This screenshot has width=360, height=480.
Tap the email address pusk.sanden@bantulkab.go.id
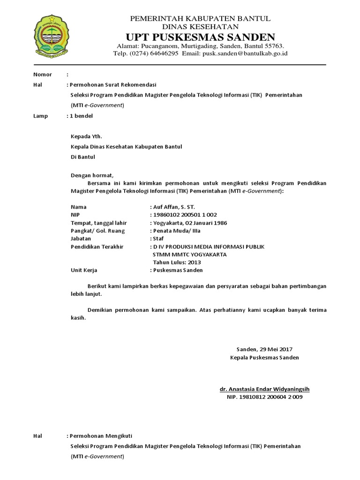pyautogui.click(x=245, y=53)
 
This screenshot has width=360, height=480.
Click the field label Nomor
pyautogui.click(x=43, y=75)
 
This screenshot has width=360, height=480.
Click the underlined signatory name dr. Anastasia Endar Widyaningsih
pyautogui.click(x=265, y=389)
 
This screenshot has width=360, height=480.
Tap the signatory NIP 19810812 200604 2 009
pyautogui.click(x=265, y=397)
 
